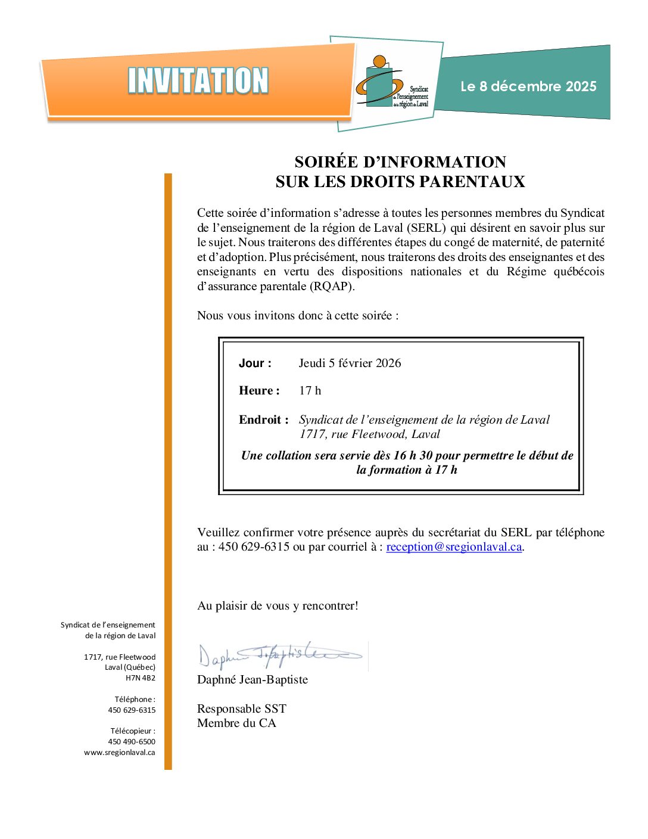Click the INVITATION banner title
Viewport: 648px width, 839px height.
point(198,81)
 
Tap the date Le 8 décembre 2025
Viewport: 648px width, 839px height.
point(528,86)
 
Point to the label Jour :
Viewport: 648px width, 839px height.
point(255,363)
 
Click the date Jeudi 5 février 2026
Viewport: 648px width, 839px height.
point(350,363)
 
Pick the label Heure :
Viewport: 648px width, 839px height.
point(259,391)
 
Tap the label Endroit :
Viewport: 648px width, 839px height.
point(263,419)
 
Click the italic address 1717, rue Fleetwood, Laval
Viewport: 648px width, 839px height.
point(369,434)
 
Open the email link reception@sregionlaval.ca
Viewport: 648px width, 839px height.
point(454,547)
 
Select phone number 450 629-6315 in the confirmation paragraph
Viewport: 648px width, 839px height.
point(254,547)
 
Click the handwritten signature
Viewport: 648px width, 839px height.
point(280,656)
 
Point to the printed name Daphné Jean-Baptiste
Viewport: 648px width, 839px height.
point(253,680)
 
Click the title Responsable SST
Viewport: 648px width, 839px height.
point(242,709)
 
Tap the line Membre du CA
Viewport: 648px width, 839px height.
point(236,723)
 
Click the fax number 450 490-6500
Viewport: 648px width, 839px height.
point(132,742)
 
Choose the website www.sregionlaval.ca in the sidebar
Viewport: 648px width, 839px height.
point(120,753)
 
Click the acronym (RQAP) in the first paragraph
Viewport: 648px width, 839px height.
point(331,286)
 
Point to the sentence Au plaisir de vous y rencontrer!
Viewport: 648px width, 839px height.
point(278,606)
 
